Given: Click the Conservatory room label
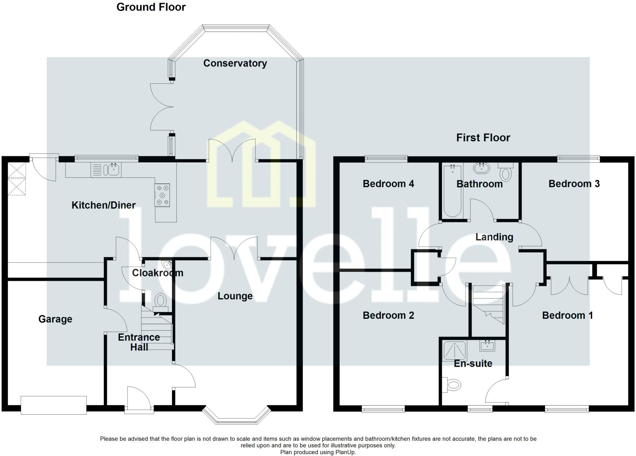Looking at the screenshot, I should pyautogui.click(x=235, y=63).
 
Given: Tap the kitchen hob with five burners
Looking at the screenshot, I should pyautogui.click(x=162, y=195).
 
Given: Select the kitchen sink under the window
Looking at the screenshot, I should pyautogui.click(x=114, y=170).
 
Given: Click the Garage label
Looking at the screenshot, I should pyautogui.click(x=55, y=319).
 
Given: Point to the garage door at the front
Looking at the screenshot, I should pyautogui.click(x=53, y=405).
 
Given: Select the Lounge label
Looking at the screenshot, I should pyautogui.click(x=235, y=296).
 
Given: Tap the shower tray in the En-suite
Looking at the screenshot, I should pyautogui.click(x=455, y=351).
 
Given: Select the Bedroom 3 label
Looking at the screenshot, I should pyautogui.click(x=574, y=184).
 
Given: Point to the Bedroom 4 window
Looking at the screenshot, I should pyautogui.click(x=386, y=159).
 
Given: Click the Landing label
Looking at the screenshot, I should pyautogui.click(x=494, y=237).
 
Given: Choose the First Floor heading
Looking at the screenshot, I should pyautogui.click(x=483, y=137).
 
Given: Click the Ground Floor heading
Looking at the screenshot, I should pyautogui.click(x=151, y=7).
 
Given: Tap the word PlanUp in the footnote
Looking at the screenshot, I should pyautogui.click(x=345, y=452).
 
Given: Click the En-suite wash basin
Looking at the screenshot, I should pyautogui.click(x=487, y=346).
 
